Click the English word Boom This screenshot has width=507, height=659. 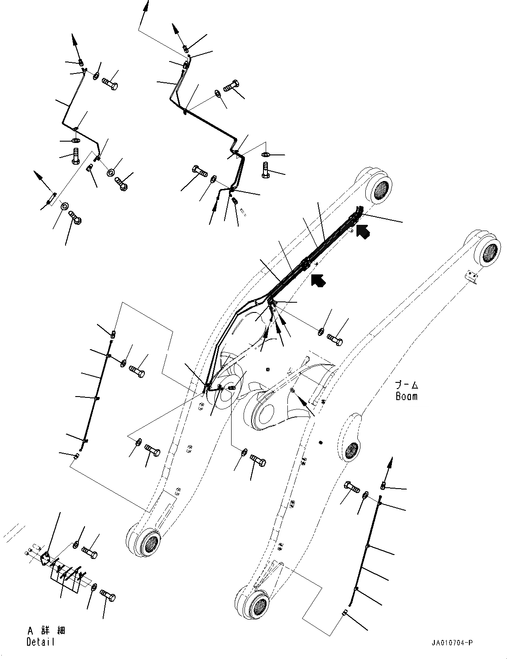coord(406,396)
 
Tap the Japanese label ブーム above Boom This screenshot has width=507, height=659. coord(406,385)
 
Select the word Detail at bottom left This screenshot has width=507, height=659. coord(40,642)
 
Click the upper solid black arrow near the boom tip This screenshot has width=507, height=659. coord(364,231)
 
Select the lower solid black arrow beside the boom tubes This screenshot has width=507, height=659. coord(318,280)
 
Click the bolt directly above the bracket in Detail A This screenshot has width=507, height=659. coord(90,552)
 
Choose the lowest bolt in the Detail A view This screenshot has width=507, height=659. coord(108,596)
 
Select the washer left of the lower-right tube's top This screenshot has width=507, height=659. coord(366,495)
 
